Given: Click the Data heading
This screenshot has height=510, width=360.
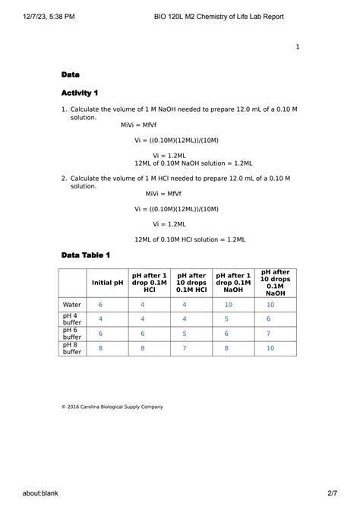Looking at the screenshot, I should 71,74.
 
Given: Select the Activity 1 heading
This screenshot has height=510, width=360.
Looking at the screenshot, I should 80,93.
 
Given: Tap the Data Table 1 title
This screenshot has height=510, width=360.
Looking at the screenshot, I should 86,255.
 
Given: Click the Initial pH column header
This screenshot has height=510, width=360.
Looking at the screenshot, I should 107,283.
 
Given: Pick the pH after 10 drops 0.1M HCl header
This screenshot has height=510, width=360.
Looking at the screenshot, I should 191,283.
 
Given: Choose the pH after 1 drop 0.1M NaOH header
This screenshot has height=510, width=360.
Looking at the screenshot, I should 233,283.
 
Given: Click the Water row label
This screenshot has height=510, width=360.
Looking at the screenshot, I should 71,305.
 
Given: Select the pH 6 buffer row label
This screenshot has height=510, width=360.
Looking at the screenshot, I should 71,334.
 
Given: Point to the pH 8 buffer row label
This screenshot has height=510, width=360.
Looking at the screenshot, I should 71,348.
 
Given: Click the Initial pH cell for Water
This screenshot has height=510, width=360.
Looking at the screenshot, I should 100,305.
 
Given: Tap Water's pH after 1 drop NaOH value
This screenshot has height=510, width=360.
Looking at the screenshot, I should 228,305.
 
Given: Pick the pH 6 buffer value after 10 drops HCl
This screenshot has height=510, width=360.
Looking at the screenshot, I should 185,334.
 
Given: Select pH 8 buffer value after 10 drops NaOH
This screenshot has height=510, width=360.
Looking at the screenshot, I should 270,348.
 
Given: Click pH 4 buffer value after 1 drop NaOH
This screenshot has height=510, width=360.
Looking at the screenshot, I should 226,319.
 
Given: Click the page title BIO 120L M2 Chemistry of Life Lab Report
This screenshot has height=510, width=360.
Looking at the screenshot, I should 218,16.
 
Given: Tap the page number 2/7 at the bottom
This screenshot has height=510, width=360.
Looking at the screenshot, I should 332,493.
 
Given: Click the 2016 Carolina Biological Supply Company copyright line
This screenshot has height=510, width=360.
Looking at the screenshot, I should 112,407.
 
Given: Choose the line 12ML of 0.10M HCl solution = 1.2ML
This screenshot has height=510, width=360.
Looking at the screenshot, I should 189,239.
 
